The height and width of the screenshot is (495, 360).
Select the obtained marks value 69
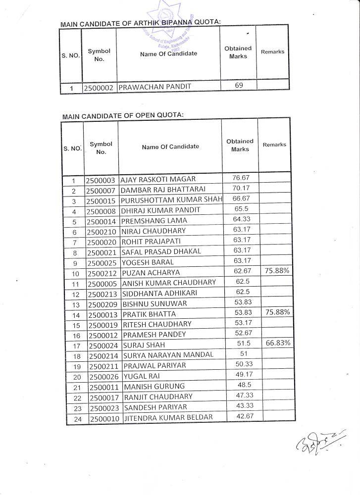pos(239,86)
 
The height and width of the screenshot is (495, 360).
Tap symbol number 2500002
pos(99,88)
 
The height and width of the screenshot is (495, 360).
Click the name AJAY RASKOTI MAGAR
pos(158,179)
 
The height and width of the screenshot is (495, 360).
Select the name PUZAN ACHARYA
pos(152,273)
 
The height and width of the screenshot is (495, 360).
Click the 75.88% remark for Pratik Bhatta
pos(278,312)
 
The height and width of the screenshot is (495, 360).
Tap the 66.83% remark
pos(278,343)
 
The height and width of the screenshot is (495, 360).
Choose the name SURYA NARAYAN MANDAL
pos(168,355)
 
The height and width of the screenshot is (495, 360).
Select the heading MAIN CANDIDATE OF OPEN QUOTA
pos(123,115)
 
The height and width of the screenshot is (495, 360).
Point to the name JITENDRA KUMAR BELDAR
pos(168,417)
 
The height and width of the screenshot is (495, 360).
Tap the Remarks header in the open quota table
pos(274,145)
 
